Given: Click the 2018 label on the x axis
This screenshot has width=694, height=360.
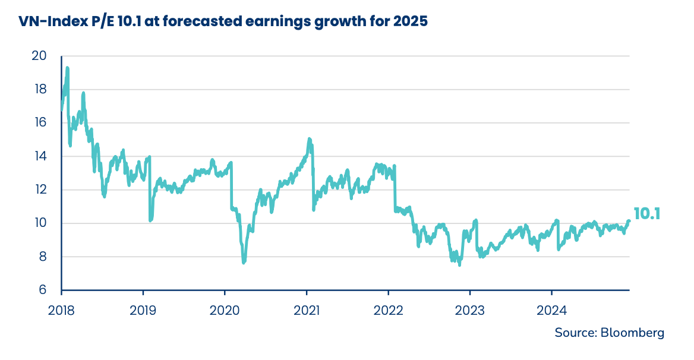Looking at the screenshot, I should [61, 310].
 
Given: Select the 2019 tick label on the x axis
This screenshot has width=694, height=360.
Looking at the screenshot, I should [143, 310].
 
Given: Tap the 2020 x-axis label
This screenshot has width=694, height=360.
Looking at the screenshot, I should [225, 310].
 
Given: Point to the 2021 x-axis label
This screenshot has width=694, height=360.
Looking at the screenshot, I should [306, 310].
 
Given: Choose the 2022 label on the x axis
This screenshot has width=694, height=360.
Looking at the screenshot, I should [388, 310].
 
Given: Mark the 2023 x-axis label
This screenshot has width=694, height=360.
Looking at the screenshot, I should [469, 310].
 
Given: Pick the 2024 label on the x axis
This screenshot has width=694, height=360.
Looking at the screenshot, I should [551, 310].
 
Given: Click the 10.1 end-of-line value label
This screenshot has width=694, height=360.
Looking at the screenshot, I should [647, 214].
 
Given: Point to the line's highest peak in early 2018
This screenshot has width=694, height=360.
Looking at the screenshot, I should [67, 68].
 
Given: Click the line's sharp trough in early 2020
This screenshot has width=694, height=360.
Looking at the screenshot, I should [244, 262].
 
